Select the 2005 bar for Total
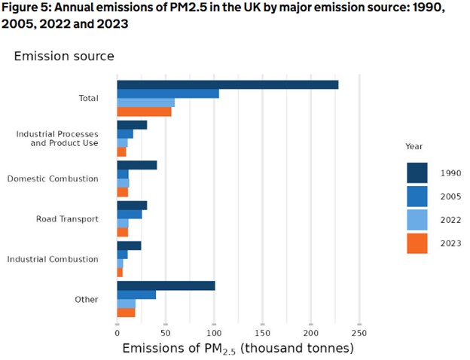click(x=168, y=93)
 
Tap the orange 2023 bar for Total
click(x=144, y=112)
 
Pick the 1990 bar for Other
click(x=166, y=285)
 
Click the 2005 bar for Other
click(x=136, y=294)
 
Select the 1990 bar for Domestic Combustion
click(x=137, y=165)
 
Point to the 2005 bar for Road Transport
click(x=130, y=215)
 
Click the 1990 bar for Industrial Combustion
click(x=129, y=246)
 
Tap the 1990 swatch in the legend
click(x=417, y=172)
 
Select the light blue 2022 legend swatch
click(x=417, y=220)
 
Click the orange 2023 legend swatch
click(x=417, y=243)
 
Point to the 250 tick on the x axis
click(x=359, y=332)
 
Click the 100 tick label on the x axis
click(x=214, y=332)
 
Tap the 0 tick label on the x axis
click(x=117, y=332)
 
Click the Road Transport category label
click(x=67, y=219)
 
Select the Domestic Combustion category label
click(x=53, y=179)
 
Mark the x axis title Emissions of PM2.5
click(x=237, y=349)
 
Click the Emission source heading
click(x=64, y=56)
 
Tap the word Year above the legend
click(x=414, y=146)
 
